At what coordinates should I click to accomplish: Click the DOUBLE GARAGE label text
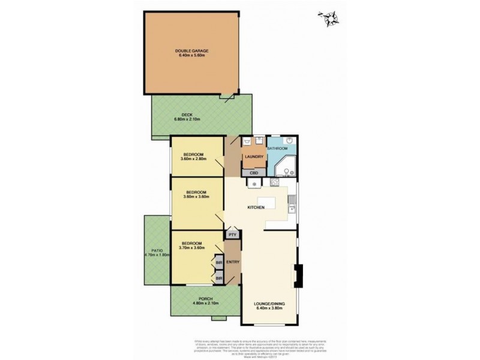[x=191, y=51]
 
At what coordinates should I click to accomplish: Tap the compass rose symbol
[x=329, y=19]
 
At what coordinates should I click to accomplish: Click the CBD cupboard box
[x=254, y=173]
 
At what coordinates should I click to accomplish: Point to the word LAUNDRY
[x=253, y=157]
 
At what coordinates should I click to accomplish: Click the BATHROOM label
[x=278, y=148]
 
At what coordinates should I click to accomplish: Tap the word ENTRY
[x=233, y=262]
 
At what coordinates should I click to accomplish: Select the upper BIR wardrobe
[x=219, y=262]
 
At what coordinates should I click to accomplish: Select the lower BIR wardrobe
[x=219, y=278]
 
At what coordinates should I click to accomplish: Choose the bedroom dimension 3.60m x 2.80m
[x=194, y=159]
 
